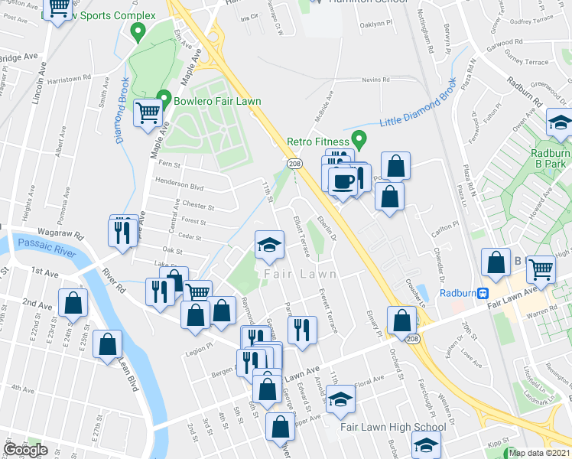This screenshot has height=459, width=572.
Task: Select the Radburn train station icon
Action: click(483, 293)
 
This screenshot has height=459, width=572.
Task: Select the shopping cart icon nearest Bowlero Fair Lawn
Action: click(148, 114)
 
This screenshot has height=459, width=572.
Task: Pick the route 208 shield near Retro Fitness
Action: click(294, 164)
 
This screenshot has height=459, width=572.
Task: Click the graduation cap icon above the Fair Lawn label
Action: click(269, 245)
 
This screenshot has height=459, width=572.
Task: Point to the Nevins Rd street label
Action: click(376, 79)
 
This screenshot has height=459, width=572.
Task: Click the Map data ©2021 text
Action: click(540, 453)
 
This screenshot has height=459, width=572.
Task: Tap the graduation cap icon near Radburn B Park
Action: click(561, 122)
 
